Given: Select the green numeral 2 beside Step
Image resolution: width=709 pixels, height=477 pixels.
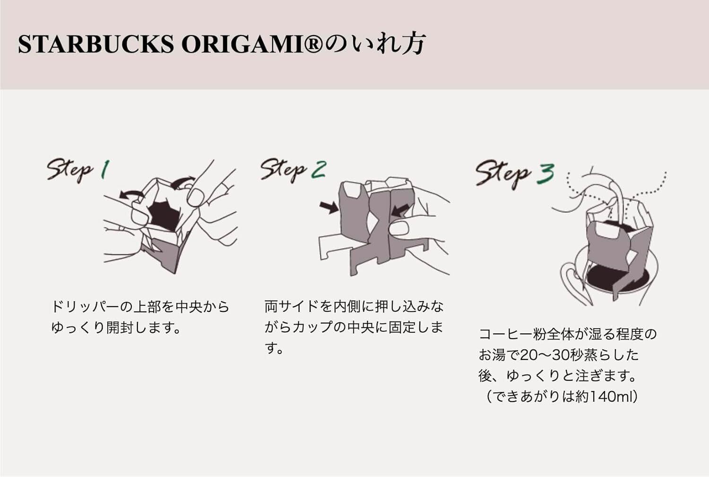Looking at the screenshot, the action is (x=319, y=169).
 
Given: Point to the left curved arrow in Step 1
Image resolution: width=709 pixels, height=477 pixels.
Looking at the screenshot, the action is (x=132, y=194).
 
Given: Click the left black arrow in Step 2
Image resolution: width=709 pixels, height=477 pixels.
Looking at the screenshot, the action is (x=328, y=207).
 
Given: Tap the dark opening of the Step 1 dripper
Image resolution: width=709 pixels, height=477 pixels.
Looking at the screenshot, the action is (x=163, y=215).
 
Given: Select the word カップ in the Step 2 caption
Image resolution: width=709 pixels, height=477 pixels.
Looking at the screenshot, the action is (x=312, y=327).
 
